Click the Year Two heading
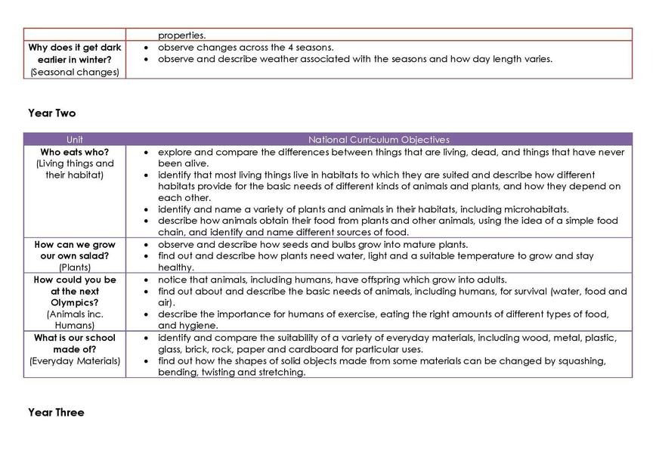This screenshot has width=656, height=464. (51, 113)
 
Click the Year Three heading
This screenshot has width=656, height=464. (56, 413)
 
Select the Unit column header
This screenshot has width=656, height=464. (75, 140)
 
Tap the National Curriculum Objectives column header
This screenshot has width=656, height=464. (379, 140)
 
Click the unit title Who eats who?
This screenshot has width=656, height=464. (75, 152)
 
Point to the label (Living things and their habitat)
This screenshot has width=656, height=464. (75, 169)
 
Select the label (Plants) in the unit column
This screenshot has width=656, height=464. (75, 268)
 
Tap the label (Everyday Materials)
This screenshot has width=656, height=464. (75, 360)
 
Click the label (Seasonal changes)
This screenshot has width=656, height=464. (75, 72)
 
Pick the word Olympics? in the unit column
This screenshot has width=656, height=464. (75, 302)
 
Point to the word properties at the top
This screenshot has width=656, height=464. (181, 35)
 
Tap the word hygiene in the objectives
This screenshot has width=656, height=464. (198, 326)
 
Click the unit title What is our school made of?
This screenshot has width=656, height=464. (75, 343)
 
